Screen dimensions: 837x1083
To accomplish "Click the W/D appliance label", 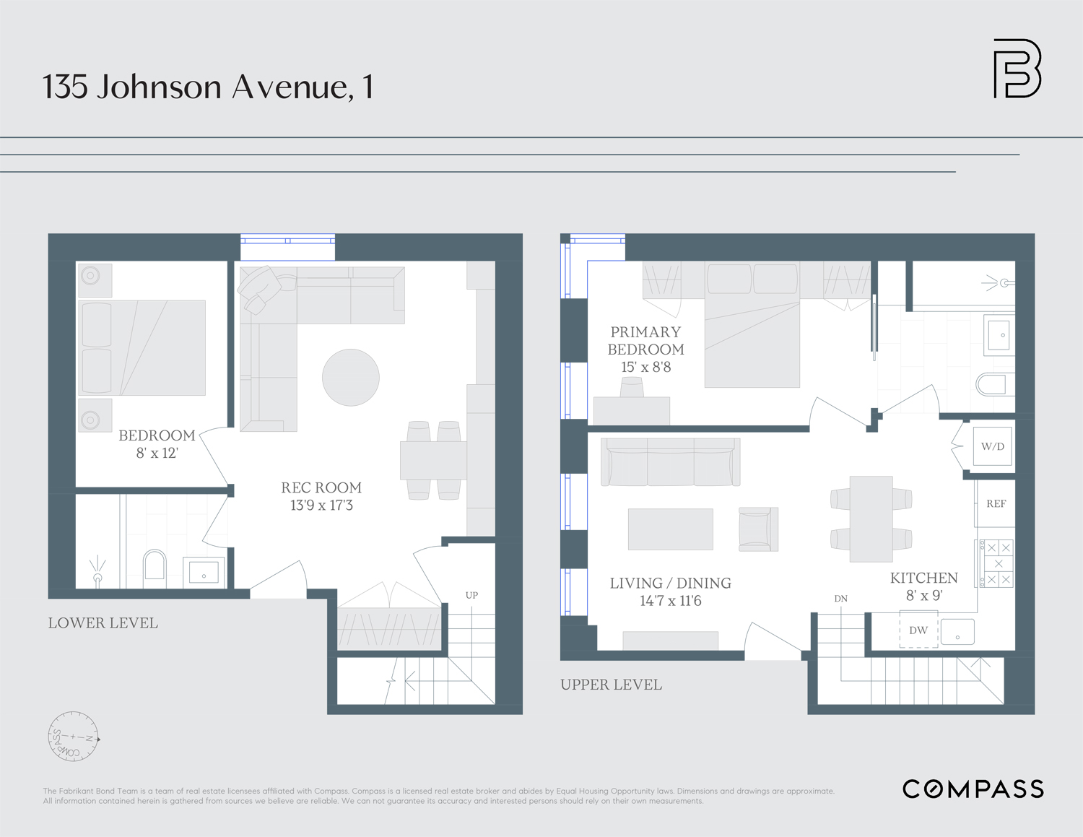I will coord(993,446).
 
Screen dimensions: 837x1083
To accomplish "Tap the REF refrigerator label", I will coord(996,504).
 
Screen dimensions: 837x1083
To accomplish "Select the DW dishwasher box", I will coord(918,630).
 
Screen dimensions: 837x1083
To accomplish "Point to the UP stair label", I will coord(471,595).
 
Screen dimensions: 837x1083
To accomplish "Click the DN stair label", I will coord(841,599).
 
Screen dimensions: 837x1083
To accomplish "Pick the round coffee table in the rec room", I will coord(351,378).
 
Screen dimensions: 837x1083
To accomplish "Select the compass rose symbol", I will coord(73,737).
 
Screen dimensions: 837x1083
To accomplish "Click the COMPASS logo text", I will coord(973,789).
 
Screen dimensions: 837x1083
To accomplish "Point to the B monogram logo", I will coord(1017,69).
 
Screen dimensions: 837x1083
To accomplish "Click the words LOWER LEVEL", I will coord(103,623).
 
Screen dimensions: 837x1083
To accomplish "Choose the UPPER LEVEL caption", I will coord(611,685).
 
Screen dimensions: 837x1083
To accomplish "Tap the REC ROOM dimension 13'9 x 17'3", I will coord(321,506).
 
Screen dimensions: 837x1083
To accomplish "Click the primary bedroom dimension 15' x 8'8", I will coord(646,367).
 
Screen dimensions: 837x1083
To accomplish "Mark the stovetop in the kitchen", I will coord(997,563).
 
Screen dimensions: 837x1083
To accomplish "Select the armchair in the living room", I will coord(757,529).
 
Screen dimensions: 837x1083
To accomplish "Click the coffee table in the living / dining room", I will coord(670,529).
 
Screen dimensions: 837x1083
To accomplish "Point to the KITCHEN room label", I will coord(923,578).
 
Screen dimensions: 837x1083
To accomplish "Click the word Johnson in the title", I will coord(159,87).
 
